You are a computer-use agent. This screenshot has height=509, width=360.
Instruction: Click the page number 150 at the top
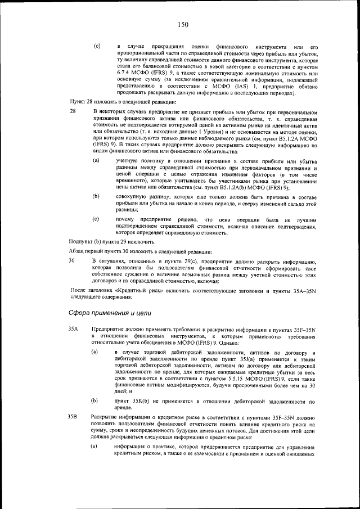(x=180, y=24)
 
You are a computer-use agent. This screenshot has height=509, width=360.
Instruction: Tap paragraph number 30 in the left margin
(x=71, y=262)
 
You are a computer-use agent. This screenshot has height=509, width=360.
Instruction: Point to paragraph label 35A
(x=73, y=328)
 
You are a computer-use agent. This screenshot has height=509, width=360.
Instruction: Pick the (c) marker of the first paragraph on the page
(x=96, y=45)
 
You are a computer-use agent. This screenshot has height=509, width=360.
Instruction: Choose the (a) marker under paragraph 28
(x=96, y=161)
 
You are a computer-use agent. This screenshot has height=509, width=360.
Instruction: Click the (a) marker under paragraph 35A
(x=96, y=352)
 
